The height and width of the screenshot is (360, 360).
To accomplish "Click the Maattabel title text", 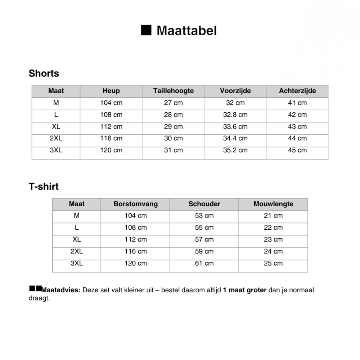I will [x=186, y=31].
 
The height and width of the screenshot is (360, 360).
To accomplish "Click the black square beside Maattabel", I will [x=146, y=30].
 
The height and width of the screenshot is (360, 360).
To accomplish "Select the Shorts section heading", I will [x=44, y=73].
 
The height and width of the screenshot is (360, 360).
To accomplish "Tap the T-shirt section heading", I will [x=44, y=187].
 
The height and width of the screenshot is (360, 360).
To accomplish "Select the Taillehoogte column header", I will [x=173, y=91].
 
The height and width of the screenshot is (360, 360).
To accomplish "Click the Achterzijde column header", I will [x=297, y=91].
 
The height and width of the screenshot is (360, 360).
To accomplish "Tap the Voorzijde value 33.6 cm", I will [x=235, y=127].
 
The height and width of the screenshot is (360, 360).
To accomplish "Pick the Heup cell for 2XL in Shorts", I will [x=111, y=138].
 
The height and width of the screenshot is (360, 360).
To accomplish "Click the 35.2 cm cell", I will [x=235, y=150].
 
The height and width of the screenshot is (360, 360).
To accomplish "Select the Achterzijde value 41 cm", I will [x=297, y=103].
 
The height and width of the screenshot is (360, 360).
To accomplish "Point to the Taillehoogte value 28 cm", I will [x=173, y=115].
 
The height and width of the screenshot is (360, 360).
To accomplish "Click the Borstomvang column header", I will [x=135, y=204].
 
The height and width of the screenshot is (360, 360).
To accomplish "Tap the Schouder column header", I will [x=204, y=204].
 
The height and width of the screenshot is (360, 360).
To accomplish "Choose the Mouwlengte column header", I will [x=273, y=204].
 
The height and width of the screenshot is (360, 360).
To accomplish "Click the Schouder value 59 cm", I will [x=204, y=251].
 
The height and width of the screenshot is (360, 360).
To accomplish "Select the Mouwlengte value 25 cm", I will [x=273, y=263].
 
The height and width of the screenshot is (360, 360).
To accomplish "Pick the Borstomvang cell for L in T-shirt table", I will [x=135, y=228].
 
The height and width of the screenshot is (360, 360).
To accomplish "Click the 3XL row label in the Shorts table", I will [x=56, y=150].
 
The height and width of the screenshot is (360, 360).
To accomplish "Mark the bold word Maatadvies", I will [x=61, y=290].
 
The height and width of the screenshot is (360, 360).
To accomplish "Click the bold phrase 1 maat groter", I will [x=245, y=290].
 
